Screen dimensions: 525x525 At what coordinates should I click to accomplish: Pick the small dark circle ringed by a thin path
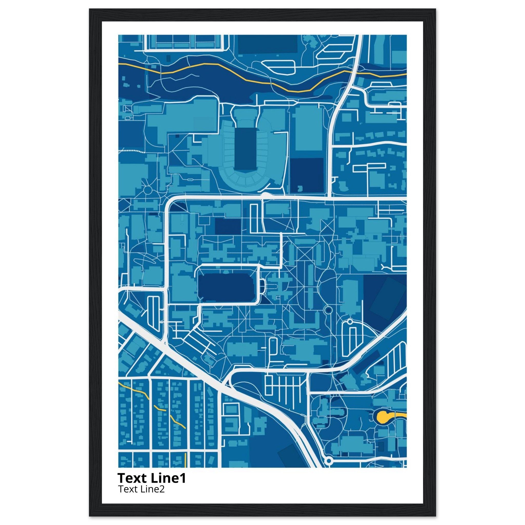[x=328, y=309]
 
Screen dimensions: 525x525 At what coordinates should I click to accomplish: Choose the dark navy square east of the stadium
[x=307, y=175]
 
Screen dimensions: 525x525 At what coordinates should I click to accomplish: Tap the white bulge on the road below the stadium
[x=265, y=195]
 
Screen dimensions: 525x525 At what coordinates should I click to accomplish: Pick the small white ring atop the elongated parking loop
[x=350, y=322]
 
